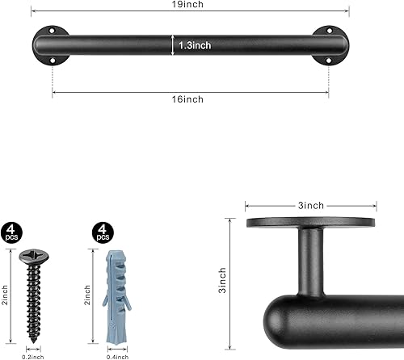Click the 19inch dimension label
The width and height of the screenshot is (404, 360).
(x=190, y=5)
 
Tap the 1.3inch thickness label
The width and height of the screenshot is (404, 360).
(x=195, y=46)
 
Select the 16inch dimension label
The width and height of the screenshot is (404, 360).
(x=190, y=99)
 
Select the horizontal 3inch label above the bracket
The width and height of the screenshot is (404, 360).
(x=310, y=206)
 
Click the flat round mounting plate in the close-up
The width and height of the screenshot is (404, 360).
(x=311, y=222)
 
